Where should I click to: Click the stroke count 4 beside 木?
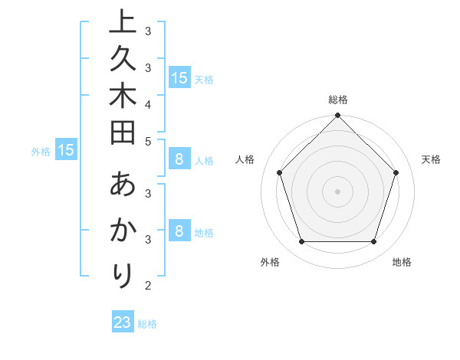pos(148,104)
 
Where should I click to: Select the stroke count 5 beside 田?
pos(148,141)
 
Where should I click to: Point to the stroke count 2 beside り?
pos(148,286)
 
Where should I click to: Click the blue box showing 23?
pos(123,322)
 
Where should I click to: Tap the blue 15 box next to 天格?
pos(179,77)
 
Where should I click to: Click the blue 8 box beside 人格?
pos(179,159)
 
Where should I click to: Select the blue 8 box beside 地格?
pos(179,231)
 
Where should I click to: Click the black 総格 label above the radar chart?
pos(337,100)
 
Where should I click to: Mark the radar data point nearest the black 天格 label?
pos(396,172)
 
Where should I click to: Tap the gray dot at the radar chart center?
pos(337,191)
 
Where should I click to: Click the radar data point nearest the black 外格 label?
pos(301,241)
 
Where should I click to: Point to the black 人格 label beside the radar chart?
pos(245,159)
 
